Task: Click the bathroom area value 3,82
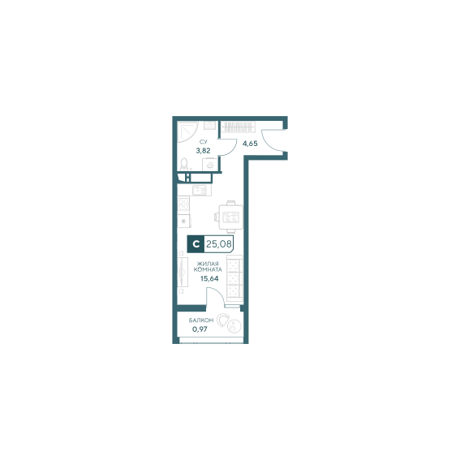point(203,151)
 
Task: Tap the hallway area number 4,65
point(250,144)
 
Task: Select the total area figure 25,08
point(218,243)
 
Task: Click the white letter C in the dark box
point(196,243)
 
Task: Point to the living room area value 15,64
point(209,279)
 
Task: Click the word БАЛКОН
point(201,320)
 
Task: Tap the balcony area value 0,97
point(200,329)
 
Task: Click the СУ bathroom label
point(203,142)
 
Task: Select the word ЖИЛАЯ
point(208,264)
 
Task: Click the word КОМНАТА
point(208,269)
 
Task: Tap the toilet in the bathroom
point(184,164)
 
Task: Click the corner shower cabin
point(187,131)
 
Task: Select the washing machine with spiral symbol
point(210,165)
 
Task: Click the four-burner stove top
point(183,204)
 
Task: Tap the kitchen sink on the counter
point(201,190)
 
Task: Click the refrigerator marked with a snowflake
point(184,221)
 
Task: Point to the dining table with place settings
point(230,217)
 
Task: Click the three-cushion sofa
point(234,278)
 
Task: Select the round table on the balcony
point(234,326)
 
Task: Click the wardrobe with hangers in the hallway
point(238,127)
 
